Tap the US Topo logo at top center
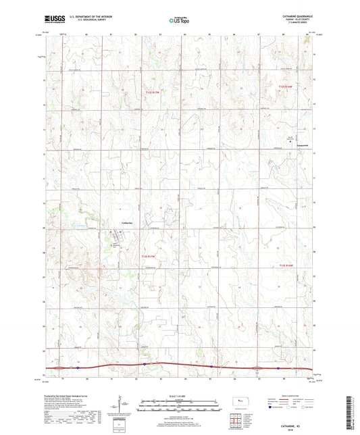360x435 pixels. [x=178, y=20]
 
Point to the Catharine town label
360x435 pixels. [x=126, y=222]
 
